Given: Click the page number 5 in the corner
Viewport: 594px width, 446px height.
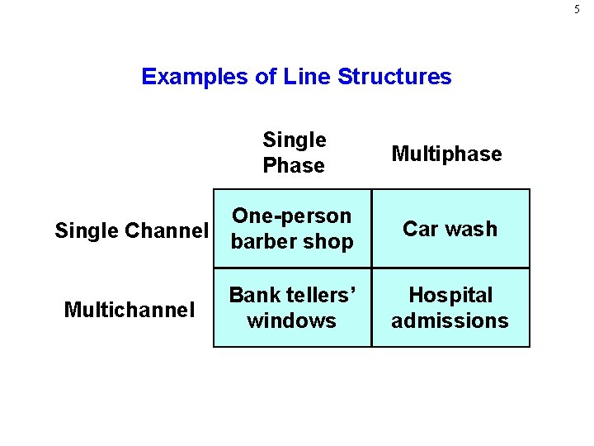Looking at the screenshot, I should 577,10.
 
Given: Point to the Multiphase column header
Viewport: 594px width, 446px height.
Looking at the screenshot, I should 446,154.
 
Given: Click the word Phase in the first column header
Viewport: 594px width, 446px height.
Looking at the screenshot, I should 294,166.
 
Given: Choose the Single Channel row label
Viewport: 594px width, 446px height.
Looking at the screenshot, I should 131,230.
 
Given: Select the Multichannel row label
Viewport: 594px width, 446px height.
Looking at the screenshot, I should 130,310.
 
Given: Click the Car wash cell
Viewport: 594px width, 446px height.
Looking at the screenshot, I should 450,229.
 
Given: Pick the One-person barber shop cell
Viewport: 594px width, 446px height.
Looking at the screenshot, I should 292,229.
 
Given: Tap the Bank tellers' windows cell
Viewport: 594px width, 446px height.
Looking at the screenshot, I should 292,307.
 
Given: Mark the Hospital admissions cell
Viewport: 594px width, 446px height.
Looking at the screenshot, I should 450,307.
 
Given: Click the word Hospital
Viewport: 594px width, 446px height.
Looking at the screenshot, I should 450,295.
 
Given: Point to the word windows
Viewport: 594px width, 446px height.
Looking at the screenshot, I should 291,320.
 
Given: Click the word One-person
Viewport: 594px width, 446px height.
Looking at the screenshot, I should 292,216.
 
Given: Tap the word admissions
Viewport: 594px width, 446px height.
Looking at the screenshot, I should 450,320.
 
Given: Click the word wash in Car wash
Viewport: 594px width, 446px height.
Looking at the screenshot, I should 472,229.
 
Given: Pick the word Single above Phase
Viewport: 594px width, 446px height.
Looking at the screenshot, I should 295,140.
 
